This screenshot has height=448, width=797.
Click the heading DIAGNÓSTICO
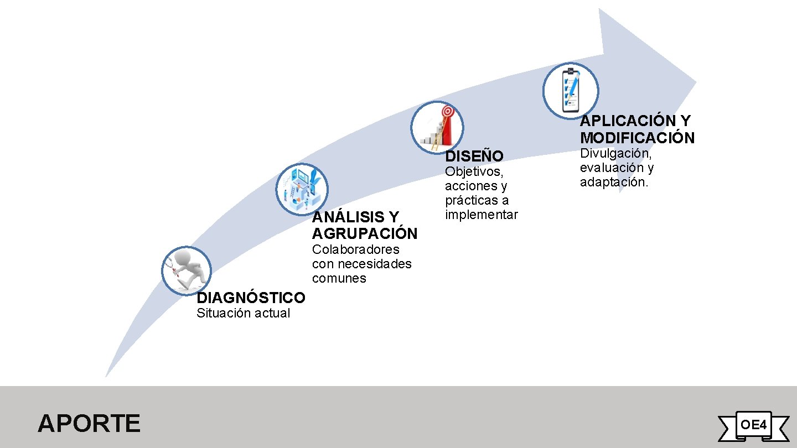[x=251, y=298]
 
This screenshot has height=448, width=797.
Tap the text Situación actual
[x=243, y=313]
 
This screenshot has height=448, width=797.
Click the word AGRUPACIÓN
[x=364, y=233]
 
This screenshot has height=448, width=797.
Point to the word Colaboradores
[x=355, y=249]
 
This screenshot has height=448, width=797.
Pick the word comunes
[x=339, y=278]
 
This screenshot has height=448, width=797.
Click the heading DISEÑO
[x=474, y=157]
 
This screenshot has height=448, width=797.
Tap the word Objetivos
[x=473, y=171]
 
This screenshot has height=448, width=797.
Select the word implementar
[x=481, y=215]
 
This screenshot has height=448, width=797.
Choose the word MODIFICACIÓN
[x=637, y=138]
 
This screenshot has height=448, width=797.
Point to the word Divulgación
[x=615, y=153]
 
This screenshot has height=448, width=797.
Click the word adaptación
[x=613, y=182]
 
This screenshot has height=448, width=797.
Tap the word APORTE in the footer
[x=89, y=424]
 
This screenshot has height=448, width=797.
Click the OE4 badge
[x=753, y=425]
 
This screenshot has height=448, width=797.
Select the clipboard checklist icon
[x=570, y=91]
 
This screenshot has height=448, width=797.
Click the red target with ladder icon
[x=437, y=128]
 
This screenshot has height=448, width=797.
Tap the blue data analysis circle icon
[x=302, y=189]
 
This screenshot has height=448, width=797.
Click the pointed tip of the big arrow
[x=695, y=80]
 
